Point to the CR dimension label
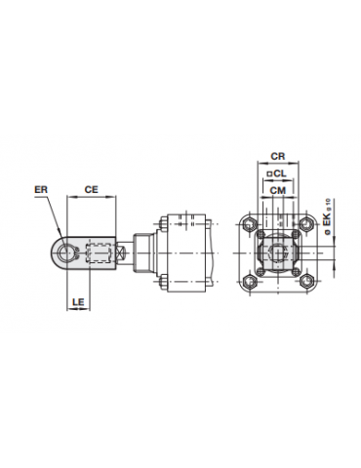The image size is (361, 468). click(x=276, y=156)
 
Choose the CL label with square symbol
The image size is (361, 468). click(x=276, y=175)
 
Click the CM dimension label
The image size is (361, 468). click(x=276, y=192)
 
